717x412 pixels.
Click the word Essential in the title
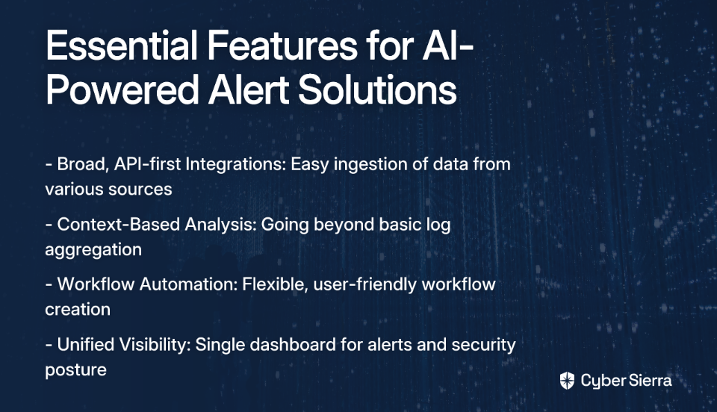122,45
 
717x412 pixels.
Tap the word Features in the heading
282,45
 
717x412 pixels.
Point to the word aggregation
93,250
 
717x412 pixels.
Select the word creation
78,310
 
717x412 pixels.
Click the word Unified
86,344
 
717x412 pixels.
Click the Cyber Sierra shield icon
567,381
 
